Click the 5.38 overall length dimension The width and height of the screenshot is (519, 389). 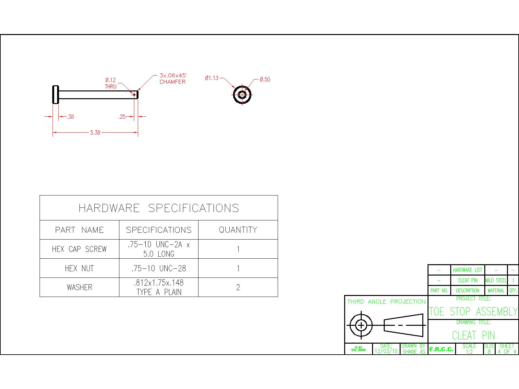(95, 133)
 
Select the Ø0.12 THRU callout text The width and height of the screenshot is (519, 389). (110, 83)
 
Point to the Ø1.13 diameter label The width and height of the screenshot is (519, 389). (211, 78)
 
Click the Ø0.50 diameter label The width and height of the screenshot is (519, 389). (265, 79)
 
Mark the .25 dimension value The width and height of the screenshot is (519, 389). (122, 117)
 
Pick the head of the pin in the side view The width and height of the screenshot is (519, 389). (55, 95)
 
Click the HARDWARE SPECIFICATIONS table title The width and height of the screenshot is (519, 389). (159, 208)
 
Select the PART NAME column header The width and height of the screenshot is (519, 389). (79, 230)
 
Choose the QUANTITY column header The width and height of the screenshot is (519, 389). (238, 230)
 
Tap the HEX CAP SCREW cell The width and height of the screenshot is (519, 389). (79, 249)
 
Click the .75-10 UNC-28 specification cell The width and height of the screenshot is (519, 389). (159, 268)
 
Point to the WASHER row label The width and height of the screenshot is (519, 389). (79, 288)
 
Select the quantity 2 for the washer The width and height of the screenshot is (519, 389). (238, 288)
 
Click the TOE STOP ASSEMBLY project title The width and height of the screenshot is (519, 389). (473, 312)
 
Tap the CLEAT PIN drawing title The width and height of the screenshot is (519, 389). (473, 335)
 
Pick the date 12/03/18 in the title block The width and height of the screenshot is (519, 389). (386, 351)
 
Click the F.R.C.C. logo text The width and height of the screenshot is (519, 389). (441, 349)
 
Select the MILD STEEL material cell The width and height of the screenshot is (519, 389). (496, 280)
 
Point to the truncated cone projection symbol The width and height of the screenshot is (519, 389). (404, 325)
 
